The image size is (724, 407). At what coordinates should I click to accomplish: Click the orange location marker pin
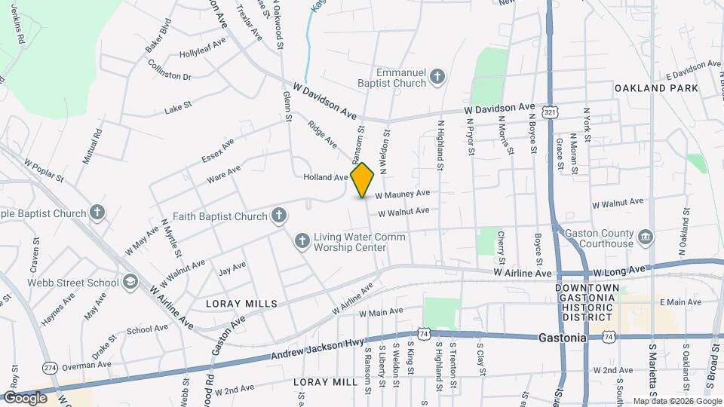click(x=362, y=180)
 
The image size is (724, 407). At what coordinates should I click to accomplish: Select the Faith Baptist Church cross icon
click(x=279, y=216)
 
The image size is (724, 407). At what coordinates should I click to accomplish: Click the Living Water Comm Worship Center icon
click(x=302, y=241)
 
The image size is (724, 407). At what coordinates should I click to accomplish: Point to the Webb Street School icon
click(x=130, y=283)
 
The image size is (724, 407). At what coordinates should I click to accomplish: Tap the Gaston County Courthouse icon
click(x=646, y=238)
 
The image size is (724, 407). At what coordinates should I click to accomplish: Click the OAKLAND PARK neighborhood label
click(x=656, y=88)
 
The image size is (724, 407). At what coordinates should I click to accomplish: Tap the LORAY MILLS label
click(x=242, y=303)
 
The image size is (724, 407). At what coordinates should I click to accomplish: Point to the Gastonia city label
click(x=563, y=338)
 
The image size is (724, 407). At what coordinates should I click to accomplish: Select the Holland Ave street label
click(x=325, y=178)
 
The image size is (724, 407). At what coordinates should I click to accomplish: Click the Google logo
click(x=26, y=397)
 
